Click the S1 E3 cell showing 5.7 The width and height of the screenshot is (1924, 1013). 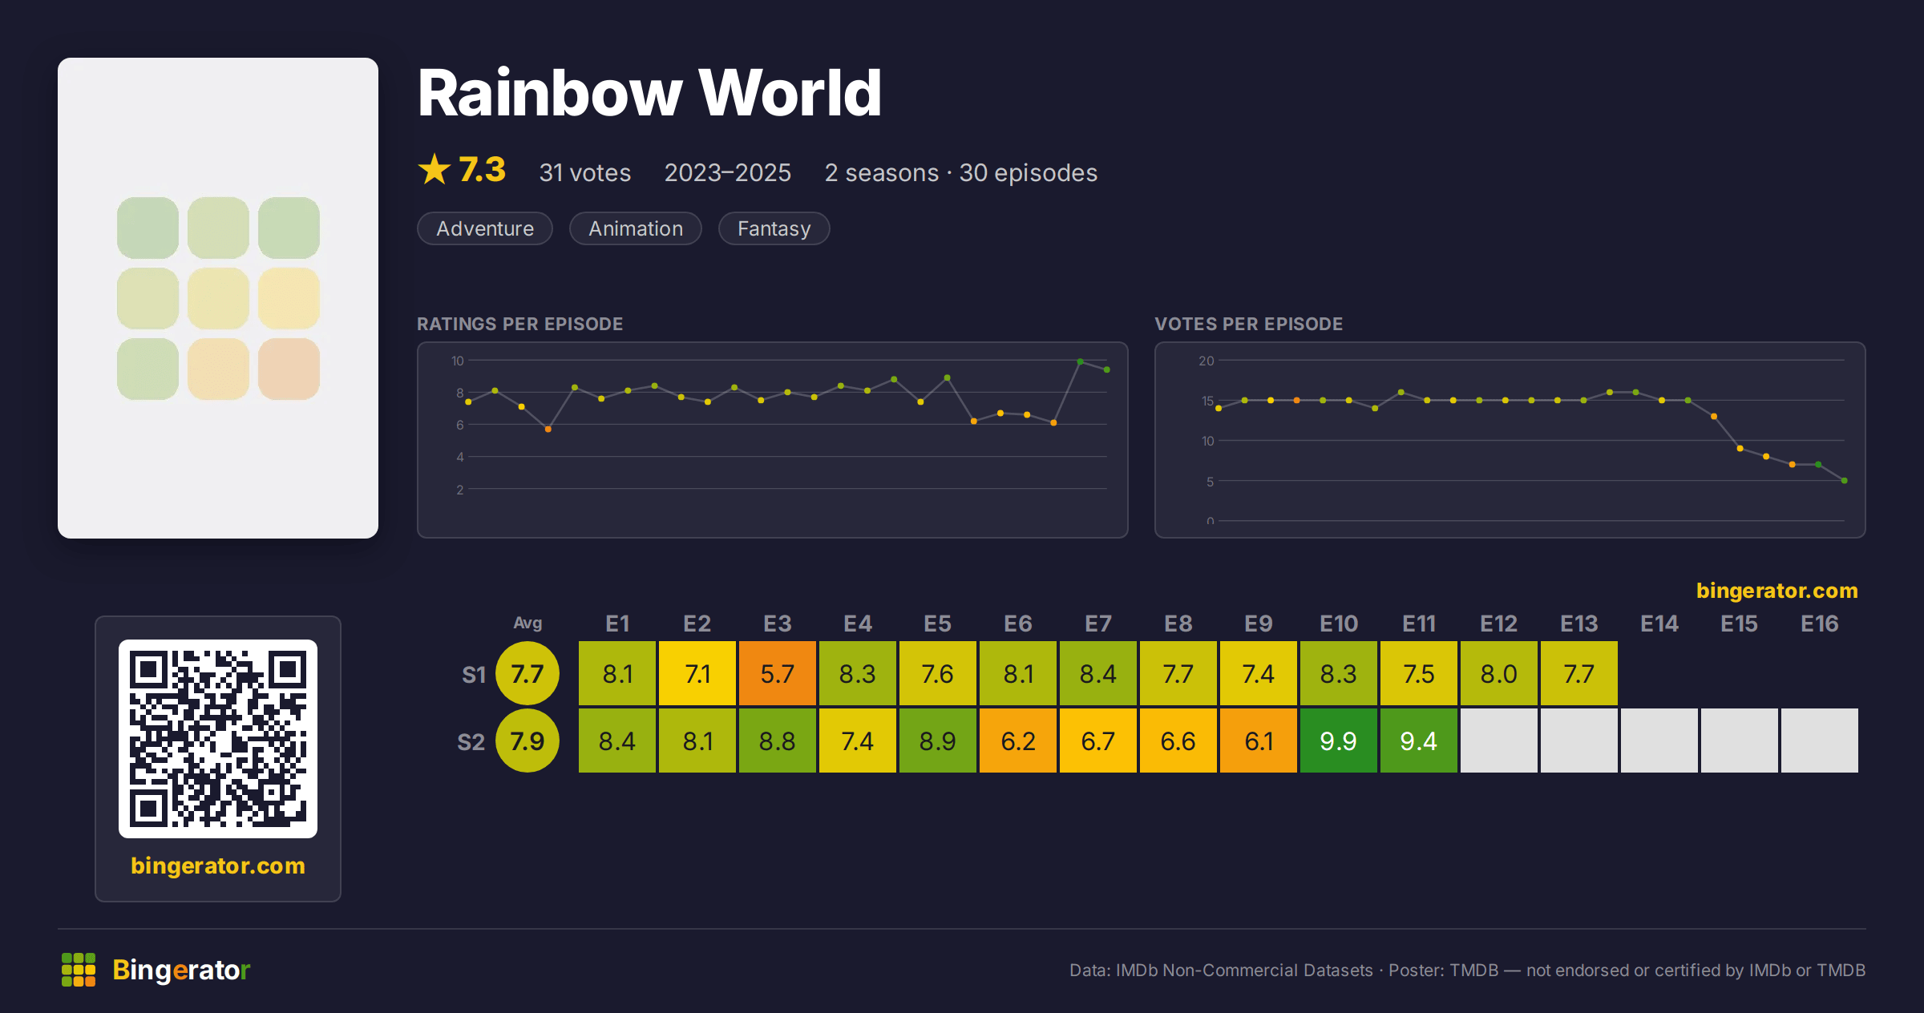click(x=777, y=673)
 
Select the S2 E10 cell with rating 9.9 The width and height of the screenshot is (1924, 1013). click(x=1338, y=741)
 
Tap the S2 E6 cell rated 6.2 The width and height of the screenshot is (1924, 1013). click(x=1017, y=741)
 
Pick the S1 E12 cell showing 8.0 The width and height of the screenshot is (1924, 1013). click(x=1498, y=673)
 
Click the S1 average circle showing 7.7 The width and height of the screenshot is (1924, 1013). click(x=527, y=673)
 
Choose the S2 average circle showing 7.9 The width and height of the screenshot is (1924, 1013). click(x=527, y=741)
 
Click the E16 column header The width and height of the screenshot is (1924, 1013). click(x=1819, y=624)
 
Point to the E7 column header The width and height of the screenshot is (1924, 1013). click(x=1097, y=624)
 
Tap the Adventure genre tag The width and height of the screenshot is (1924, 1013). click(x=485, y=228)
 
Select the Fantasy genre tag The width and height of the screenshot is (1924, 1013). click(x=774, y=228)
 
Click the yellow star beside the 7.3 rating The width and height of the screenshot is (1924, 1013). click(x=435, y=169)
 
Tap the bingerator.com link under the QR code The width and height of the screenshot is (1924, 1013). click(x=218, y=866)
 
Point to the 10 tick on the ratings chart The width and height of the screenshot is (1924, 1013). click(x=457, y=361)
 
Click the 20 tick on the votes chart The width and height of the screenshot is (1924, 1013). click(x=1206, y=361)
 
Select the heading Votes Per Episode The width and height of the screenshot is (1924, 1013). click(x=1248, y=324)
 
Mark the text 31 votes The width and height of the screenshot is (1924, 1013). click(x=585, y=172)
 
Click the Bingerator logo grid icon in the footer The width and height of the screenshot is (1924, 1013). click(x=79, y=970)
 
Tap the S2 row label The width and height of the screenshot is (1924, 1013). click(x=471, y=741)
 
